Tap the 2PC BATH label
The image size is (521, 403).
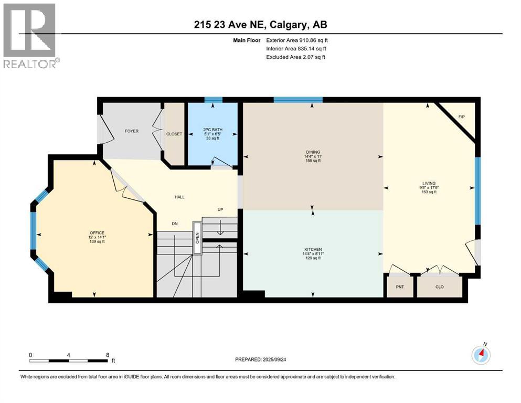(x=211, y=129)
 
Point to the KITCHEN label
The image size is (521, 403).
(x=313, y=249)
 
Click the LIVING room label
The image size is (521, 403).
(x=429, y=183)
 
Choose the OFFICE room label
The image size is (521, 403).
(x=97, y=232)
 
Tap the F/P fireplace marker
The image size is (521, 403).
(x=462, y=116)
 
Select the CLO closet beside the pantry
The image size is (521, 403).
(x=440, y=287)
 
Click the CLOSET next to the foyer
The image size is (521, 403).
(x=174, y=134)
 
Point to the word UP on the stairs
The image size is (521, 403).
(x=221, y=209)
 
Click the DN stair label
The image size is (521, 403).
(x=175, y=223)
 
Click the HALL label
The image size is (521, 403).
(x=179, y=197)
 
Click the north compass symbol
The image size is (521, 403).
(x=481, y=355)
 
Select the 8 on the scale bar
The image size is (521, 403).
(x=108, y=355)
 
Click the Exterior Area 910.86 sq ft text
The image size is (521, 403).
(x=297, y=40)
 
